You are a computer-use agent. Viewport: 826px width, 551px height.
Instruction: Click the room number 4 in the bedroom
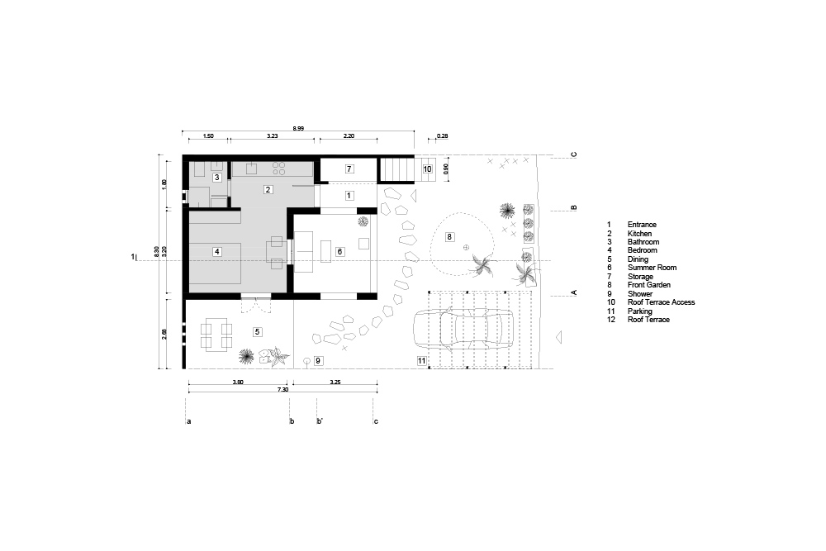[217, 252]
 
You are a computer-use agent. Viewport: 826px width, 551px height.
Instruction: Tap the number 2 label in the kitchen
[268, 190]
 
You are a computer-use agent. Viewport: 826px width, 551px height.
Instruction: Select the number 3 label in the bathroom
[216, 178]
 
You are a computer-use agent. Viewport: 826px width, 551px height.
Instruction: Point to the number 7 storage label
[349, 169]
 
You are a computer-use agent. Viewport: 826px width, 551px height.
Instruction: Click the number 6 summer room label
[339, 252]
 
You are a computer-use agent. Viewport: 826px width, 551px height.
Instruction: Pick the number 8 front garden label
[449, 237]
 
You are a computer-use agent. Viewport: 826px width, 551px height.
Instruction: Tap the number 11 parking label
[421, 361]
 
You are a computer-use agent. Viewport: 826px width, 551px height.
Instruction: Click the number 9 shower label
[318, 361]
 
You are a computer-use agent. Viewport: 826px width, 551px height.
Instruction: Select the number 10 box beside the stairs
[427, 169]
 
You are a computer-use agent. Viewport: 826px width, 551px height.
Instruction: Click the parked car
[463, 330]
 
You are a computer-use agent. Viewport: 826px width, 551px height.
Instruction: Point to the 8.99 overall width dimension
[298, 128]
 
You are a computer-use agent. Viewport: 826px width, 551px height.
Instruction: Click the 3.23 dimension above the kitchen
[272, 136]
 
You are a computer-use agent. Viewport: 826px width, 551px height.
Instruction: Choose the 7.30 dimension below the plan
[282, 390]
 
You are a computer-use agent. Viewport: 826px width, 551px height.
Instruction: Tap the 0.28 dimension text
[443, 136]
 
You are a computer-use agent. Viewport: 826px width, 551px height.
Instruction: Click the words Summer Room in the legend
[653, 268]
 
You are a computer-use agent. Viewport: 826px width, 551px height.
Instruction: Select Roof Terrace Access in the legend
[661, 302]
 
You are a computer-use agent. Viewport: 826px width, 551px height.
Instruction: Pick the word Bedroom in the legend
[643, 250]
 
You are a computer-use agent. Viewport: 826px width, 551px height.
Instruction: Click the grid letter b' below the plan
[319, 420]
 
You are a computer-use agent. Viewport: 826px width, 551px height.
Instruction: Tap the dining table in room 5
[216, 335]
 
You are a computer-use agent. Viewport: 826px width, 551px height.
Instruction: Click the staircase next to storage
[398, 169]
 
